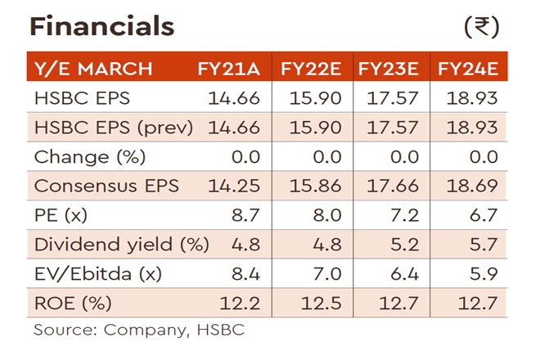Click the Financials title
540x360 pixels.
[102, 27]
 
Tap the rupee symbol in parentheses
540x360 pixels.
[481, 27]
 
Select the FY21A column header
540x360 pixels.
[228, 67]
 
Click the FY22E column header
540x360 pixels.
[313, 67]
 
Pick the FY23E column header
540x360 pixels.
[390, 67]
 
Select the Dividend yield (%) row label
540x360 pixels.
[122, 245]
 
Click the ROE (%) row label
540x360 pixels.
[73, 304]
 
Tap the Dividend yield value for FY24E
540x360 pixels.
[482, 245]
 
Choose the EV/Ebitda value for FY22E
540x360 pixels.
[325, 274]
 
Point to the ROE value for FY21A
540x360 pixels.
[243, 304]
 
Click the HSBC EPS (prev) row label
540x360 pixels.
[114, 128]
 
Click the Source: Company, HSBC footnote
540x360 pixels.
[139, 331]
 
